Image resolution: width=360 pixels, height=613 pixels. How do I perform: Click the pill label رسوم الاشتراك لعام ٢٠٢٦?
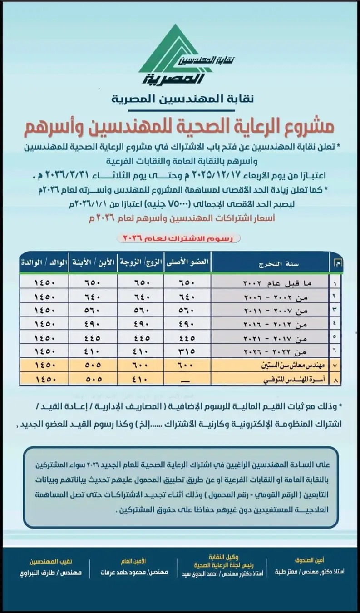(x=178, y=237)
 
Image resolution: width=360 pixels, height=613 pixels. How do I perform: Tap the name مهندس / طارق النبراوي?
(x=50, y=573)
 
